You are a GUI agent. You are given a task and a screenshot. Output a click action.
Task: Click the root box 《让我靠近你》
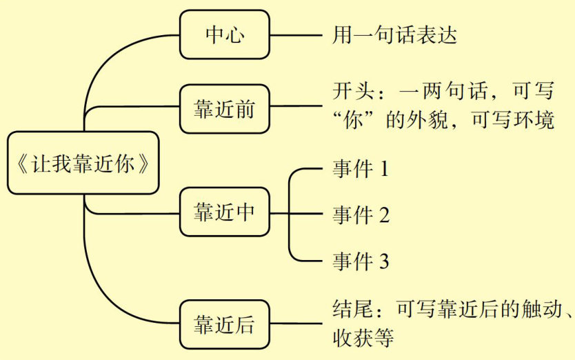[83, 163]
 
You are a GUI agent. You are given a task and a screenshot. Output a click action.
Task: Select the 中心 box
[224, 34]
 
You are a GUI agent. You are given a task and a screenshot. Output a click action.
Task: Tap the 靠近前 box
[224, 108]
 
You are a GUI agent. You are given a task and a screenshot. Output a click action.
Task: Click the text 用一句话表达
[394, 34]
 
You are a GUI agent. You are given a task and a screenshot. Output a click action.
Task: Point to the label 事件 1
[361, 169]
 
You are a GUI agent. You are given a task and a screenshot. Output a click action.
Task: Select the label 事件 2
[361, 214]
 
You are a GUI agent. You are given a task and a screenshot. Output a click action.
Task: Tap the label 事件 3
[361, 261]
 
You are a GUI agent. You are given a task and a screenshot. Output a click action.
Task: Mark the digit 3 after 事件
[384, 261]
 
